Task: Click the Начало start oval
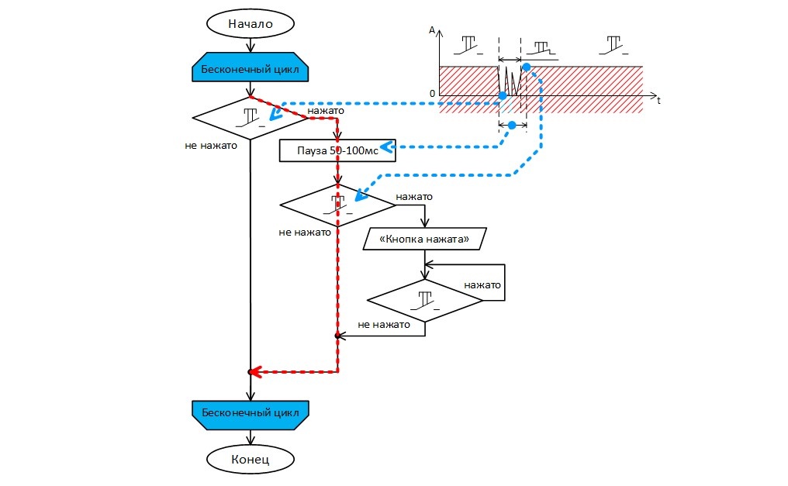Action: point(250,23)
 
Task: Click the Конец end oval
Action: point(250,459)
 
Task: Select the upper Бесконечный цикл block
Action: point(250,69)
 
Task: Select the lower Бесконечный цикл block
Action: point(250,411)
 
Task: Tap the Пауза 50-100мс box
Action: point(337,150)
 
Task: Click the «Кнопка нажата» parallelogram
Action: point(424,240)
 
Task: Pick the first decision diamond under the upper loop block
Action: point(250,119)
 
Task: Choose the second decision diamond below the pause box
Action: point(337,205)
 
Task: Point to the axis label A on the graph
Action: point(432,29)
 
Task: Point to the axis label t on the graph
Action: point(658,101)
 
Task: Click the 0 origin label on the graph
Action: point(433,94)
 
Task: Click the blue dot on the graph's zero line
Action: point(503,95)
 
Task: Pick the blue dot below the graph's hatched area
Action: point(511,125)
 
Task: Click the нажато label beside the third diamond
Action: point(482,285)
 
